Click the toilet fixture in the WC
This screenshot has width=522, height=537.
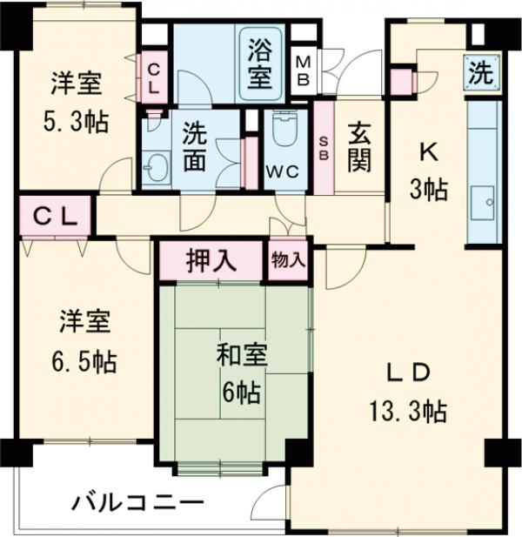tap(284, 131)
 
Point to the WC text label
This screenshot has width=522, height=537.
tap(284, 171)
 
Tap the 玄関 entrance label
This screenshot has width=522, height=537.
tap(358, 147)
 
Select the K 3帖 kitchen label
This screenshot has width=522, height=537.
tap(428, 170)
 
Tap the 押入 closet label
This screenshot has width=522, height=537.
tap(210, 262)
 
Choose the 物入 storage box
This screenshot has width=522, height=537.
tap(288, 261)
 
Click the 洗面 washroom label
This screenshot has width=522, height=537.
tap(194, 148)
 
